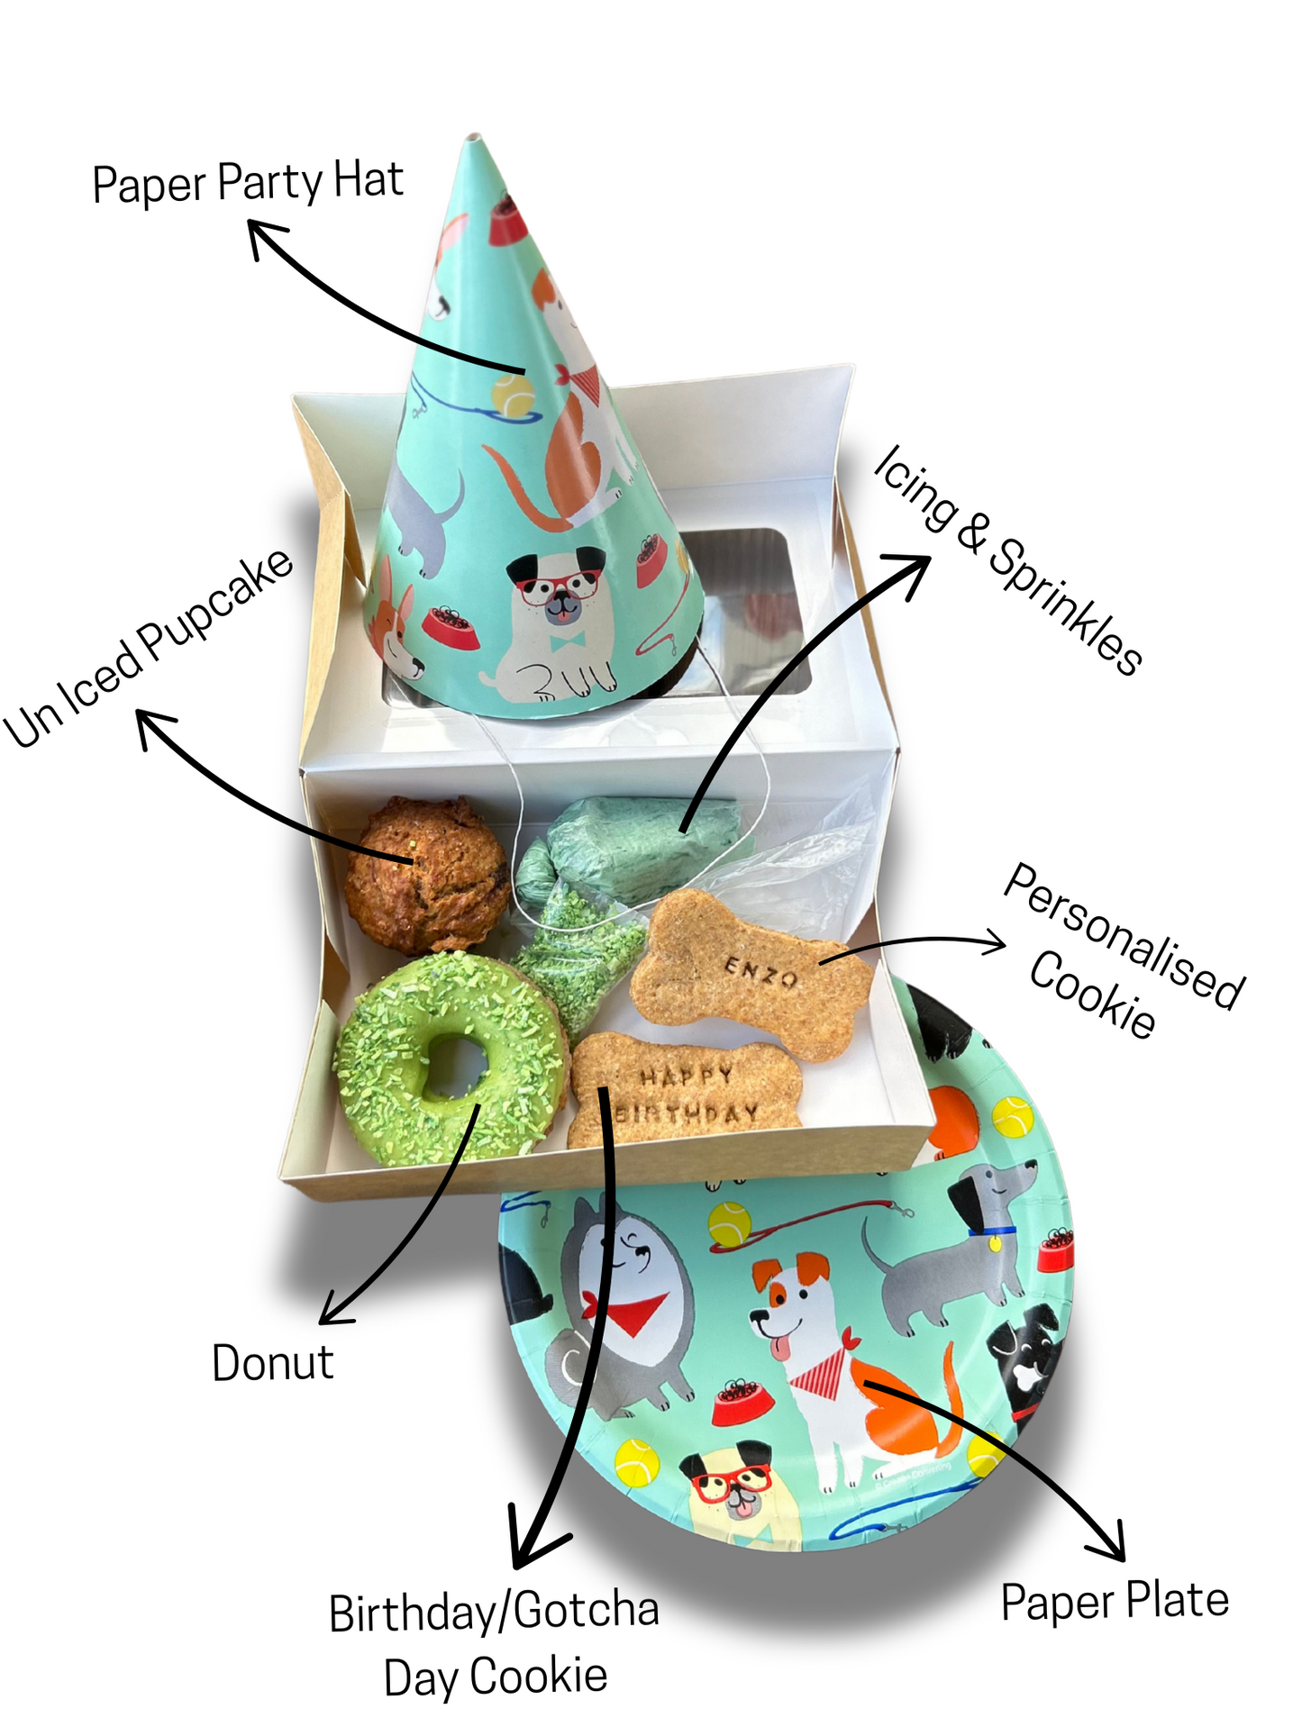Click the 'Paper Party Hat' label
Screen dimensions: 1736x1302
248,183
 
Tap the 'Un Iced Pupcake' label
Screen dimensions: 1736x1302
149,649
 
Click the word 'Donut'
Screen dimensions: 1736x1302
272,1363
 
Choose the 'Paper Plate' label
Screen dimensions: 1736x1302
1115,1602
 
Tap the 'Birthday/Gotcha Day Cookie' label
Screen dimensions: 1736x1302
494,1644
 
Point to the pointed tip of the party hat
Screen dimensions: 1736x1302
474,140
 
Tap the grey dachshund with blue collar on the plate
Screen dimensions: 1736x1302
955,1243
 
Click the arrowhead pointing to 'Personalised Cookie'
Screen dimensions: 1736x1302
996,943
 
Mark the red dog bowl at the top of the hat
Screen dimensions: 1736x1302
507,221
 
